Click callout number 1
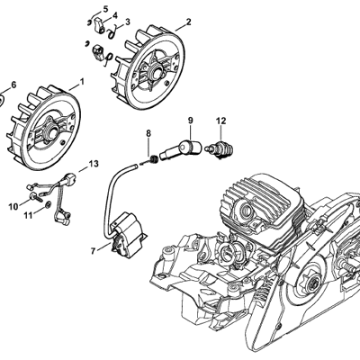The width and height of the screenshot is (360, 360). pos(82,82)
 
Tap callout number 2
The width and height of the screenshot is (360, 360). pos(188,22)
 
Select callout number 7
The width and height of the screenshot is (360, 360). pos(94,251)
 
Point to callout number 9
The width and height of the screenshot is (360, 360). pos(191,121)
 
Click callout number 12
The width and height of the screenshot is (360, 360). pos(220,121)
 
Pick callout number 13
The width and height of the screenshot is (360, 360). pos(94,164)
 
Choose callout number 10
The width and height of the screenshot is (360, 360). pos(13,207)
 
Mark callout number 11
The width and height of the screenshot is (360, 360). pos(28,215)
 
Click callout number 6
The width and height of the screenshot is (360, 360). pos(13,85)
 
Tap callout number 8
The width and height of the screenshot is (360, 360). pos(148,133)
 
